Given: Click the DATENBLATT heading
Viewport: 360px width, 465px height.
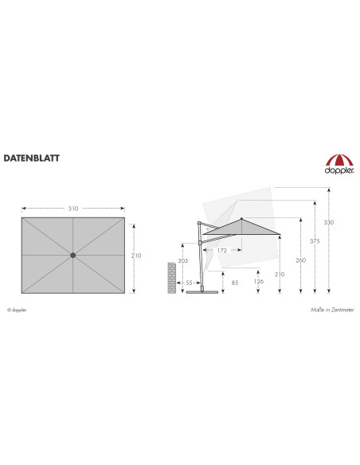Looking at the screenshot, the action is [31, 158].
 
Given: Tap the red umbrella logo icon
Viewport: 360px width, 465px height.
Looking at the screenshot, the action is [339, 160].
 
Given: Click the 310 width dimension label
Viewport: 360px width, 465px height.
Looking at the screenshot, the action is [73, 209].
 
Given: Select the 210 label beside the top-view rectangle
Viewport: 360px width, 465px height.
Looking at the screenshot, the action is [136, 256].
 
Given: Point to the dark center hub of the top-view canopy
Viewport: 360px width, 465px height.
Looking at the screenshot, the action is [73, 255].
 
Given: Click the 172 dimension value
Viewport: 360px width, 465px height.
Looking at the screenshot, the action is [221, 250].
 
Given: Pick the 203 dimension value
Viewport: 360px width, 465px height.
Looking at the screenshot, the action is [183, 260].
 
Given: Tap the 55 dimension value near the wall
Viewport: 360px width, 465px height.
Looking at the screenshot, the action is [189, 283].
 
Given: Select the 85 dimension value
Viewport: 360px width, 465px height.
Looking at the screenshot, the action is [235, 283].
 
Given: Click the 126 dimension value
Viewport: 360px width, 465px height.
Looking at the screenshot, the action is [259, 281].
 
